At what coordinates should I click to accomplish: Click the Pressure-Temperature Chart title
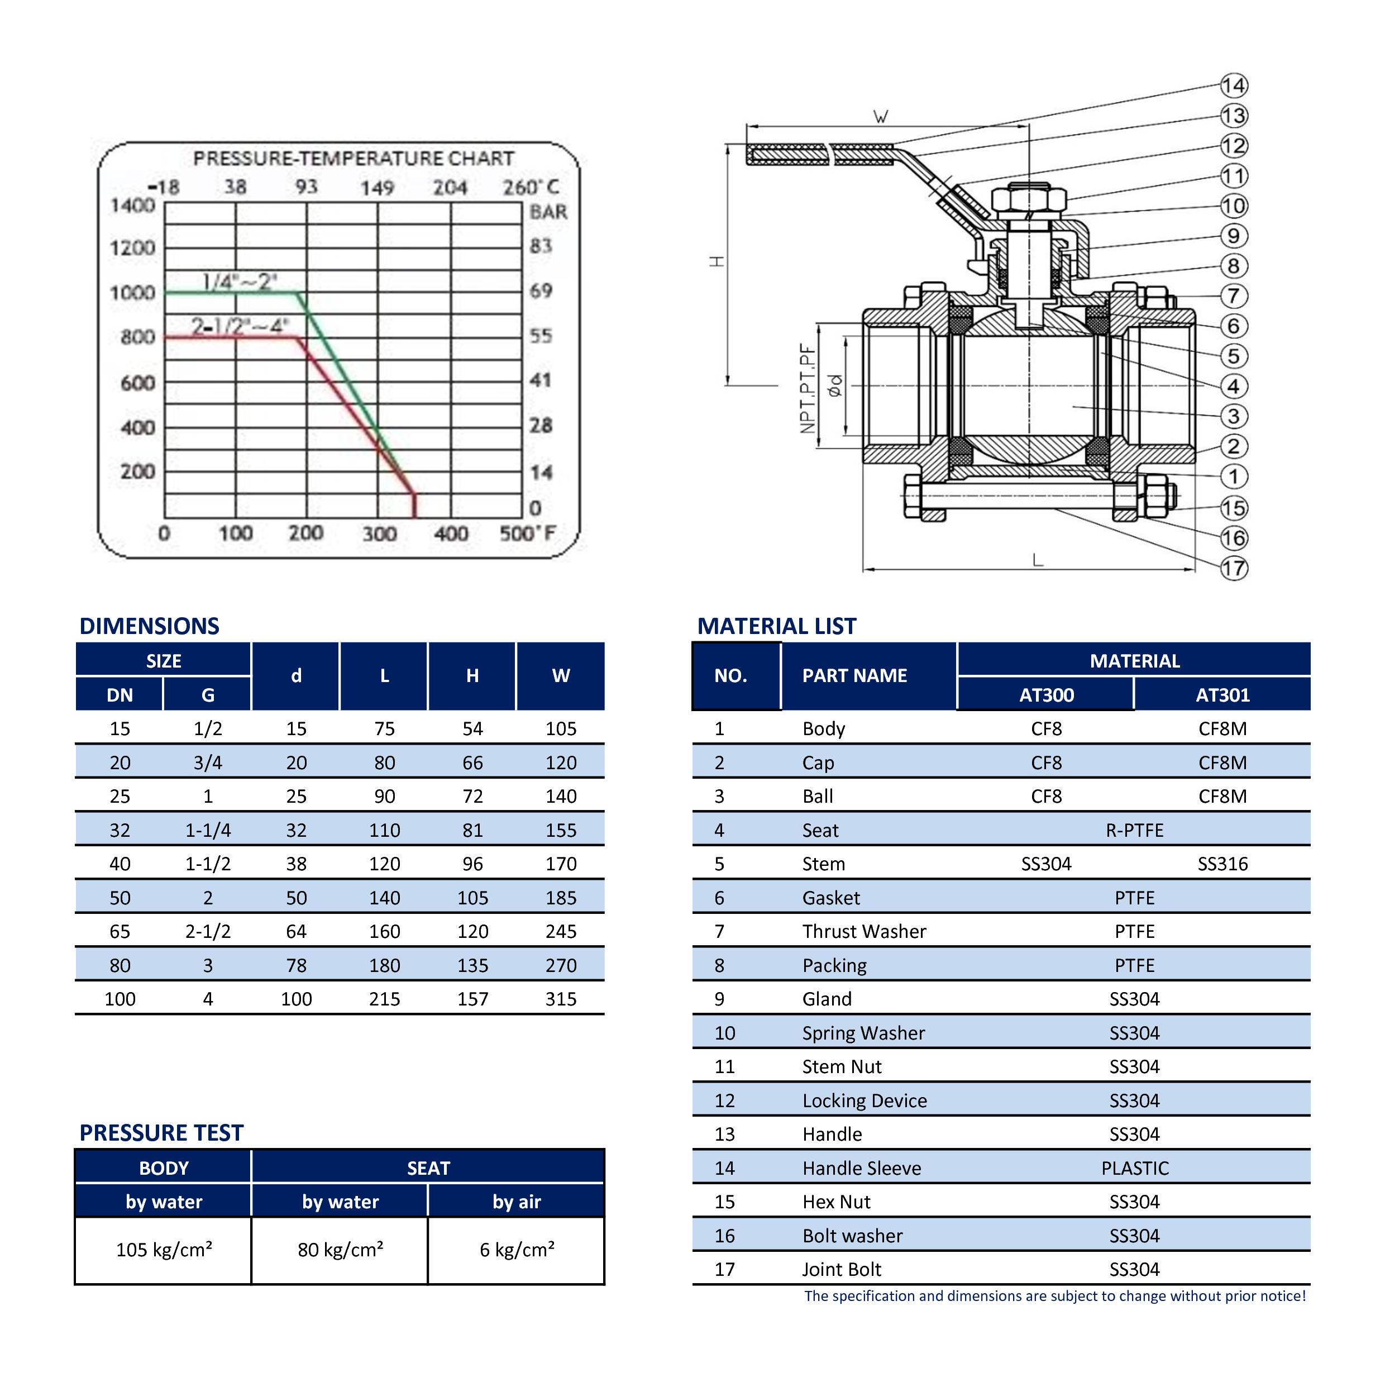tap(354, 159)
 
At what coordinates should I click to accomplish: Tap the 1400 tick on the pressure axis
tap(132, 206)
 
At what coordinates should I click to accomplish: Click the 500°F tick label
tap(528, 533)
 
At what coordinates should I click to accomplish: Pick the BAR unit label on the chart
tap(548, 212)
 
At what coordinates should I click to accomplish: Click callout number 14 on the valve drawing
tap(1234, 86)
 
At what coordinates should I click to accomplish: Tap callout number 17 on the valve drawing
tap(1234, 569)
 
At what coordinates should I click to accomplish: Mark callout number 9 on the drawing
tap(1234, 236)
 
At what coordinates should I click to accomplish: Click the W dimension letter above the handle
tap(881, 117)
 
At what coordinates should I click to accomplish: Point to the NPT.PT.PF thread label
tap(808, 389)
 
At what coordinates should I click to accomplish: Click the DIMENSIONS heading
tap(149, 626)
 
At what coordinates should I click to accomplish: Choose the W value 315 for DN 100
tap(561, 999)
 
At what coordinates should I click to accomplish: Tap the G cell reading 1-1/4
tap(208, 831)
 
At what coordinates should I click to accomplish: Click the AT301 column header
tap(1222, 695)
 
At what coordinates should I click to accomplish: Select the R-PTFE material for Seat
tap(1134, 831)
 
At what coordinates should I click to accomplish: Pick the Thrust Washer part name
tap(864, 932)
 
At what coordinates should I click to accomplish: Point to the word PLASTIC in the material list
tap(1134, 1168)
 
